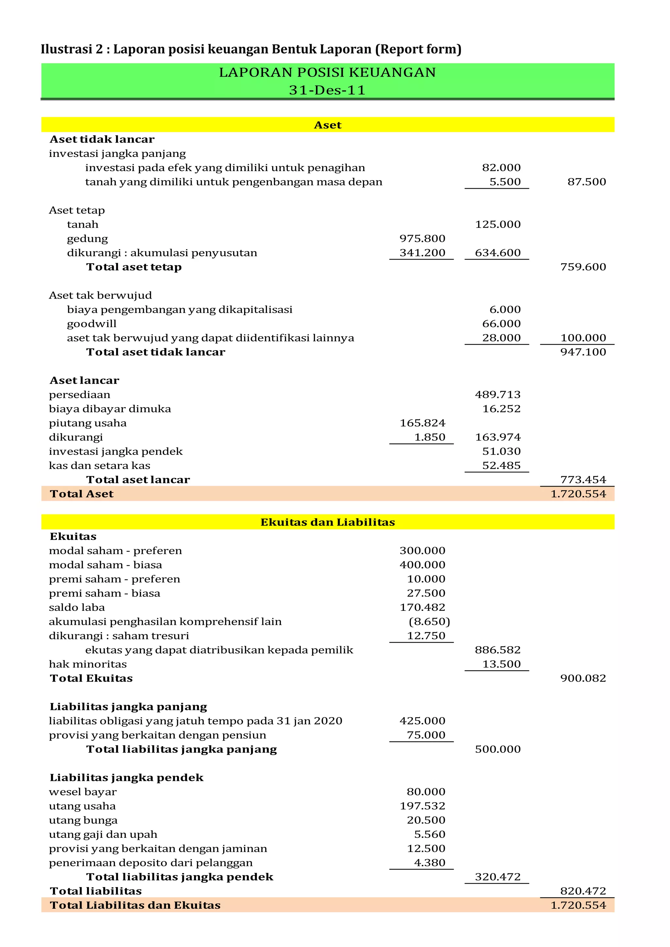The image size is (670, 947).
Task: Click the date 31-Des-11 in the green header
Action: click(327, 90)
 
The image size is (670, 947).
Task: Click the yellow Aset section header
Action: click(327, 125)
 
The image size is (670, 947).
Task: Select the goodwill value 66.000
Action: click(501, 323)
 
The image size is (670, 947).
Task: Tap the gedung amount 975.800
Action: click(422, 238)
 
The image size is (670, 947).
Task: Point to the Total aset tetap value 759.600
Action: click(583, 267)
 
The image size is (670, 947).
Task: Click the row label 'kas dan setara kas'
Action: click(99, 465)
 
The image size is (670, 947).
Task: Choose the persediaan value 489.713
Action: click(498, 394)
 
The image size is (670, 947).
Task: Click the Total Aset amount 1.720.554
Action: click(578, 494)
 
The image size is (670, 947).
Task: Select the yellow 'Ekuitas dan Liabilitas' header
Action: click(327, 522)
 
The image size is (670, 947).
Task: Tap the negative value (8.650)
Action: click(429, 622)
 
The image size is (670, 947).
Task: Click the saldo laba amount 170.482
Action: click(422, 607)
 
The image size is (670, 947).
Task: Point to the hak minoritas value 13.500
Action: click(501, 664)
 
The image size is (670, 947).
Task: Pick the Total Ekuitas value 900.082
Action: click(583, 678)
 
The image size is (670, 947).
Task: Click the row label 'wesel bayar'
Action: click(82, 791)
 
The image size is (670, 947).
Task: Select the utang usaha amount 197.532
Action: click(422, 806)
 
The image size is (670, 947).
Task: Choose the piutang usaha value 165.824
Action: click(422, 423)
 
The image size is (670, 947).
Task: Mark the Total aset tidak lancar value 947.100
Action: click(583, 352)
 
